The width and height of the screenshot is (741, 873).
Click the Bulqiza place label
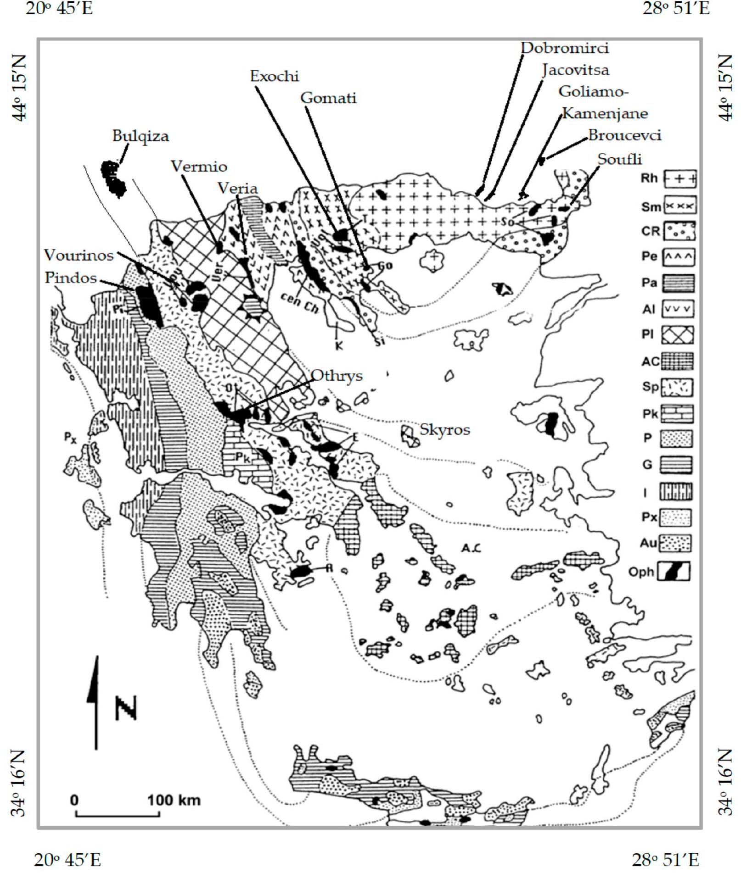pyautogui.click(x=140, y=136)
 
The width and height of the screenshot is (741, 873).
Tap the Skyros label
pyautogui.click(x=444, y=429)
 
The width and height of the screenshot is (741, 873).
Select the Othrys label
pyautogui.click(x=337, y=376)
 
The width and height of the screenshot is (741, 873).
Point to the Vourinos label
pyautogui.click(x=79, y=255)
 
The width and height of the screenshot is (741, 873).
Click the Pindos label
pyautogui.click(x=71, y=278)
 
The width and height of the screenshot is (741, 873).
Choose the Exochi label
pyautogui.click(x=274, y=76)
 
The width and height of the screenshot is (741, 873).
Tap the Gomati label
pyautogui.click(x=328, y=98)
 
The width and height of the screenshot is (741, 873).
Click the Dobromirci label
pyautogui.click(x=564, y=48)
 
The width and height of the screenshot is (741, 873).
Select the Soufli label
pyautogui.click(x=619, y=159)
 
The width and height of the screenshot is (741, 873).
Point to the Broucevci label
pyautogui.click(x=624, y=135)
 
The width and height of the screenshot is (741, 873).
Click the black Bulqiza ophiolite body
pyautogui.click(x=113, y=178)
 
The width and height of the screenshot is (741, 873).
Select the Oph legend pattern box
pyautogui.click(x=674, y=572)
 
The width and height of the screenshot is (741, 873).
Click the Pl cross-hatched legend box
pyautogui.click(x=677, y=334)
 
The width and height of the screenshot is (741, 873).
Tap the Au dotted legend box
pyautogui.click(x=675, y=543)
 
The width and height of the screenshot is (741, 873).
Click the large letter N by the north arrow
pyautogui.click(x=126, y=708)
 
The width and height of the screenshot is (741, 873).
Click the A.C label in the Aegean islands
pyautogui.click(x=471, y=548)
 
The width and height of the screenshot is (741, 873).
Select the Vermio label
pyautogui.click(x=199, y=166)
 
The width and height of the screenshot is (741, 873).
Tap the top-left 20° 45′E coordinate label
pyautogui.click(x=59, y=8)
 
